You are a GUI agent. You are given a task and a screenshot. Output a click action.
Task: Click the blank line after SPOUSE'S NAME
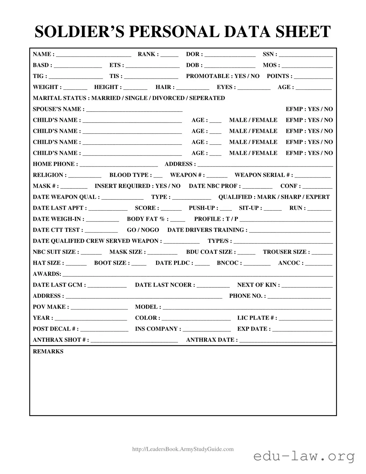coord(134,109)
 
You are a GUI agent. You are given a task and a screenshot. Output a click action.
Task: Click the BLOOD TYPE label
coord(130,175)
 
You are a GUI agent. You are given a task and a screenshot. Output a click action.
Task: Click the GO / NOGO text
coord(143,230)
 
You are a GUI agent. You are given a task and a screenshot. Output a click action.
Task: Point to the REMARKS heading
coord(48,352)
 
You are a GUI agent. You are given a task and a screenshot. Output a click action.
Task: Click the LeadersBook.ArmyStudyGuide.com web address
coord(183,449)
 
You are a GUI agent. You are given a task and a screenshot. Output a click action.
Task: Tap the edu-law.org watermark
coord(304,457)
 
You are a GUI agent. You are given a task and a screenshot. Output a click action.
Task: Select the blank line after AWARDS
coord(198,275)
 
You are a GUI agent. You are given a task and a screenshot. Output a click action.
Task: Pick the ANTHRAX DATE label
coord(212,340)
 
